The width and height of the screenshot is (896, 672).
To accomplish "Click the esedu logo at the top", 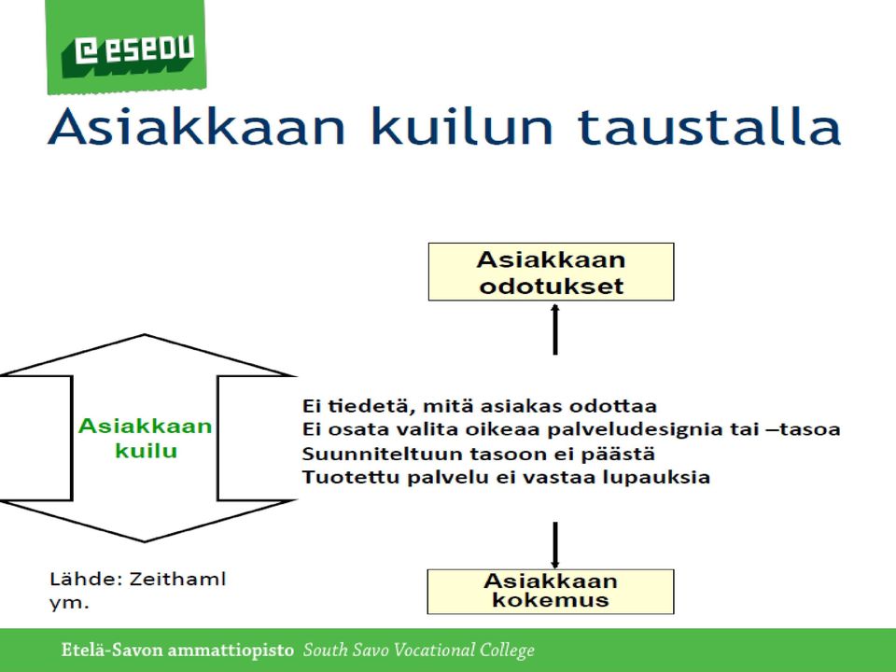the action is (126, 47).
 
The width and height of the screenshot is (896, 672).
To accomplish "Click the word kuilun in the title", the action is (462, 126).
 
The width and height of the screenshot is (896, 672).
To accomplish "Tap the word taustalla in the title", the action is (708, 126).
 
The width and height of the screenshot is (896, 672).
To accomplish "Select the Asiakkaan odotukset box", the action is (551, 272).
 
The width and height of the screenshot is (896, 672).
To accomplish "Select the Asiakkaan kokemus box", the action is (551, 592).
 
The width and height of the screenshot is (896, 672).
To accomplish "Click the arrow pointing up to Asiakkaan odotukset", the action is (554, 329).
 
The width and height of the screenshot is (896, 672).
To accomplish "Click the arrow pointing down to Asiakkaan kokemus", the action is (554, 544).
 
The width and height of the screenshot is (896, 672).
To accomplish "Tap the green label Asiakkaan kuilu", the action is (146, 439).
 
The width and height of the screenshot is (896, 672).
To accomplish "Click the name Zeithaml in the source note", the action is (177, 579).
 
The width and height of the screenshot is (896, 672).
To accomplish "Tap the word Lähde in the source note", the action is (86, 579).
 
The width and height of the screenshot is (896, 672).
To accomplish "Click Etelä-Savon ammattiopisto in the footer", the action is (177, 651).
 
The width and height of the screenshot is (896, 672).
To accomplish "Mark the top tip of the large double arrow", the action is (145, 335).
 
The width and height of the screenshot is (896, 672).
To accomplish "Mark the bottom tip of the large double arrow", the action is (145, 540).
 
